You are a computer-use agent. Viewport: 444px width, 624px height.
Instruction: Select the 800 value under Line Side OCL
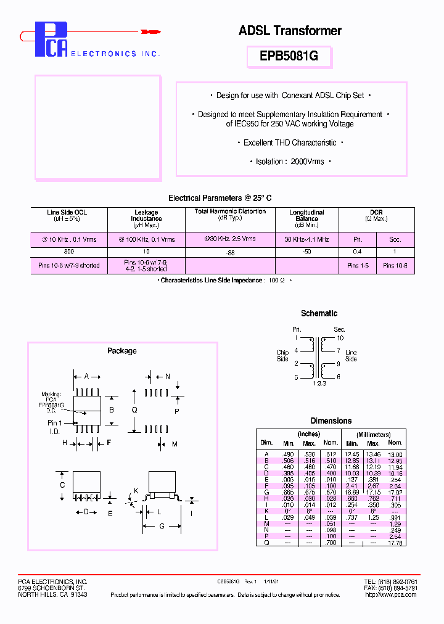(68, 252)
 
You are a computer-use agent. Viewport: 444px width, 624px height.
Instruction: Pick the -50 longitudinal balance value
(306, 252)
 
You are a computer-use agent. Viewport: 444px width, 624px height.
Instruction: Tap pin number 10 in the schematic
(340, 338)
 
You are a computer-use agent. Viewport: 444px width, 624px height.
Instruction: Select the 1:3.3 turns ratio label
(319, 384)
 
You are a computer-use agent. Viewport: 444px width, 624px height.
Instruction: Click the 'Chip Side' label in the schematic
(282, 356)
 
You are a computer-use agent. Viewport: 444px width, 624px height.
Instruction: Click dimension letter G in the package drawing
(162, 526)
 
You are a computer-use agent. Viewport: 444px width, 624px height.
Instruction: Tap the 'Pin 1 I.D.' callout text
(55, 426)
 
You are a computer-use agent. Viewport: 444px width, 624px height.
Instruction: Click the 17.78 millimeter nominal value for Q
(395, 543)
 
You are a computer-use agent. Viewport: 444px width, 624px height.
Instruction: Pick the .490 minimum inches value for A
(288, 454)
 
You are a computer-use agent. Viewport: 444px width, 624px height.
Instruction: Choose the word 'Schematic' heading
(319, 313)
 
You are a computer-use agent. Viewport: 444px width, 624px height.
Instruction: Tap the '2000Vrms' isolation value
(307, 162)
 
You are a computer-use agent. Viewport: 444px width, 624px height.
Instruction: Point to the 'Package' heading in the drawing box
(122, 351)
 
